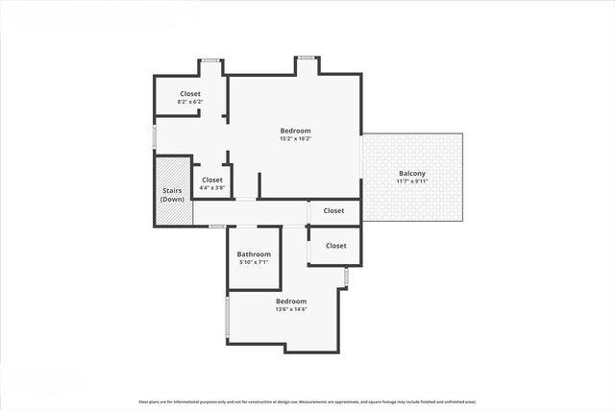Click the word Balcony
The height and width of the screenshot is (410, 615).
(x=412, y=174)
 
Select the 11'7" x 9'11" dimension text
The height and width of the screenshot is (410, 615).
(x=412, y=181)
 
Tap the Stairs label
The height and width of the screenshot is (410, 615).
(x=173, y=190)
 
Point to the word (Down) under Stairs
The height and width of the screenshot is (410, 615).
(x=173, y=199)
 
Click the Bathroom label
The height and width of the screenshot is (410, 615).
(x=254, y=254)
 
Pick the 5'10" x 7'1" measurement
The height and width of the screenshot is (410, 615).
(x=254, y=262)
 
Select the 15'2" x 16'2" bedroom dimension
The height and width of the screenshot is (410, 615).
(x=295, y=138)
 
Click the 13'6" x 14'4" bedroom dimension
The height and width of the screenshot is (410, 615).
(x=291, y=309)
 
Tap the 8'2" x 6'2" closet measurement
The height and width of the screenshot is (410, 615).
(x=189, y=102)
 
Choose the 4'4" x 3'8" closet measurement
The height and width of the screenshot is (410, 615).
(x=212, y=187)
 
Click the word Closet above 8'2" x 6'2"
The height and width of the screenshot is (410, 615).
(x=189, y=94)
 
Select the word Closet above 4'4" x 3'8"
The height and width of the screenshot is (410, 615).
(x=212, y=180)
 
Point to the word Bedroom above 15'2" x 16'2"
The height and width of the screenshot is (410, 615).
(x=295, y=131)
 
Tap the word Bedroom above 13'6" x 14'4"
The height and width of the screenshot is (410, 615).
(x=291, y=301)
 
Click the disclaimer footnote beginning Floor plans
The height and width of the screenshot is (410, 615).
(x=307, y=401)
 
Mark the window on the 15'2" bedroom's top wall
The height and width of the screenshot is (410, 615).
(x=307, y=59)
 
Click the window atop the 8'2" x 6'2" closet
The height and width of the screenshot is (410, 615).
(x=211, y=60)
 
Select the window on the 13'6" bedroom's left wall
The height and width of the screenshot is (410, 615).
(x=227, y=320)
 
